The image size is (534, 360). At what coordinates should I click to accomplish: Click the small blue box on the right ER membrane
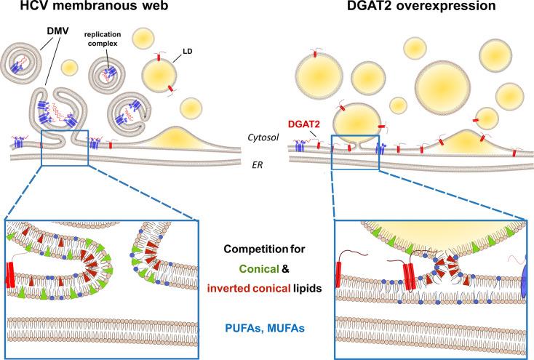(x=354, y=151)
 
